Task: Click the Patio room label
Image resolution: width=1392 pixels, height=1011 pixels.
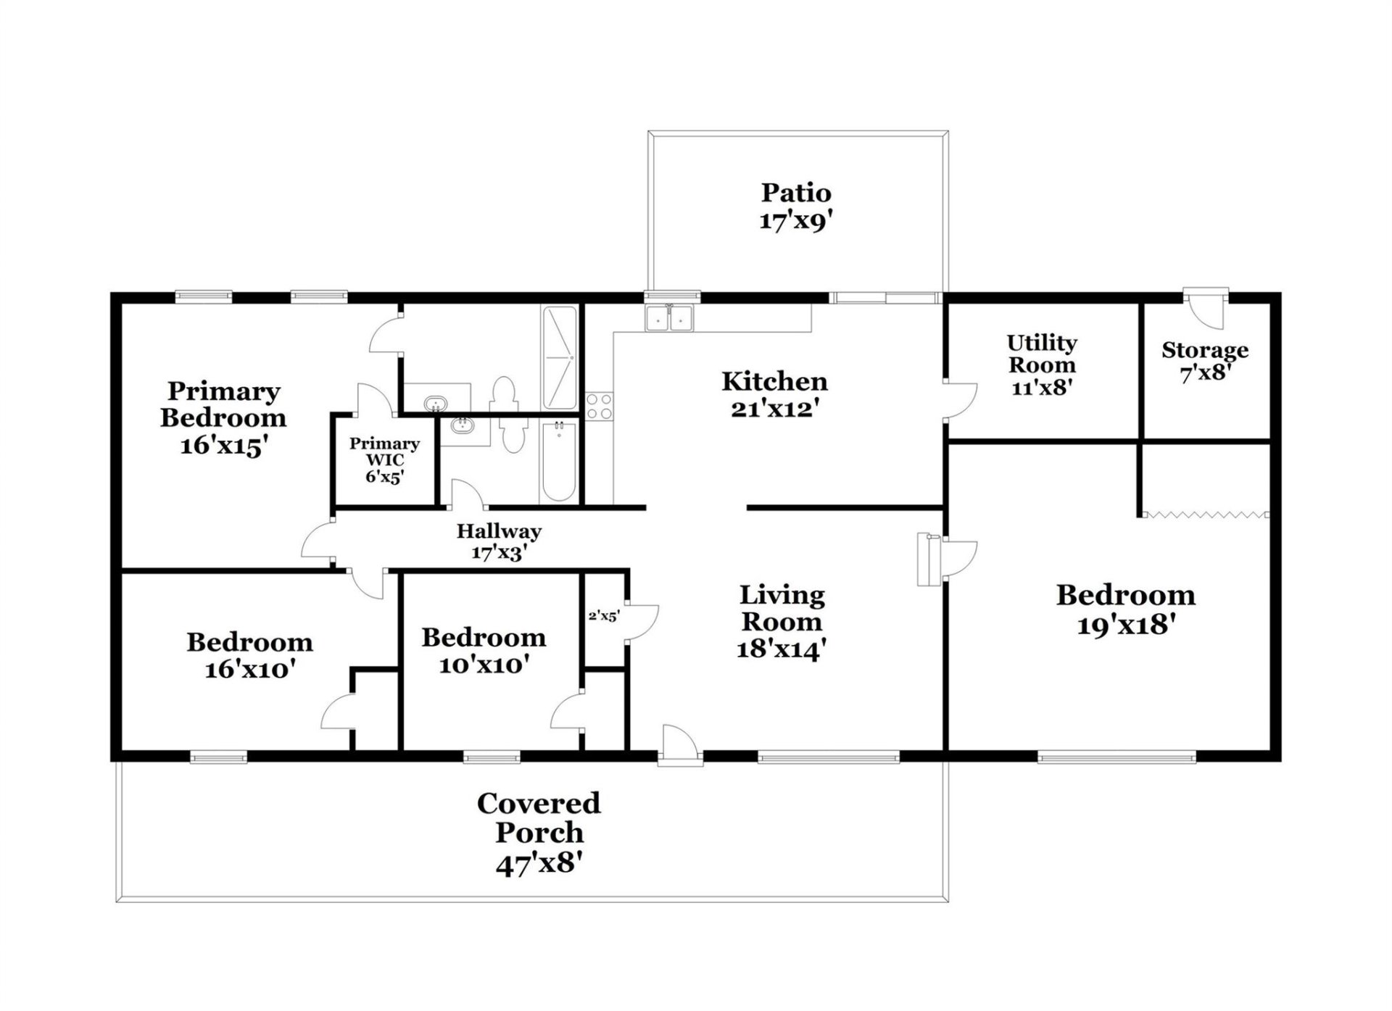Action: click(795, 192)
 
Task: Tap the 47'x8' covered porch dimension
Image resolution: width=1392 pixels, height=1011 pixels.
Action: click(539, 864)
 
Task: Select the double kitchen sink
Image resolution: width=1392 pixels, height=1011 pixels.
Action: click(668, 319)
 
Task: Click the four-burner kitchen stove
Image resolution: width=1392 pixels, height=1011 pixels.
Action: click(599, 406)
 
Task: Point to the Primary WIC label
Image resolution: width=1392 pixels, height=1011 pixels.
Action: click(384, 452)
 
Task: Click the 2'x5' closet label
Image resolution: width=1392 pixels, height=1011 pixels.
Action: click(603, 616)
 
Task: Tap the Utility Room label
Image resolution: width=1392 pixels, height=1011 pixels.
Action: click(1042, 354)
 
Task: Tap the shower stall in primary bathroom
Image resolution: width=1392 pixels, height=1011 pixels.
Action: click(559, 357)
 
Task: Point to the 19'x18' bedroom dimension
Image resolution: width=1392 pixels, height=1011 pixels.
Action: click(1125, 625)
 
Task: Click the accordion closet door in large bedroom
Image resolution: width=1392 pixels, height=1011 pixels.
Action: click(1205, 515)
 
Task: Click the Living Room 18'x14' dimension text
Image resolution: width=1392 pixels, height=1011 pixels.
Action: click(781, 649)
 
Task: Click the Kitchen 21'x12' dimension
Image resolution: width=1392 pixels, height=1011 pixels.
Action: click(774, 409)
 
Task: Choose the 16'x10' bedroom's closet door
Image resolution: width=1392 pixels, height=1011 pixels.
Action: click(337, 714)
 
